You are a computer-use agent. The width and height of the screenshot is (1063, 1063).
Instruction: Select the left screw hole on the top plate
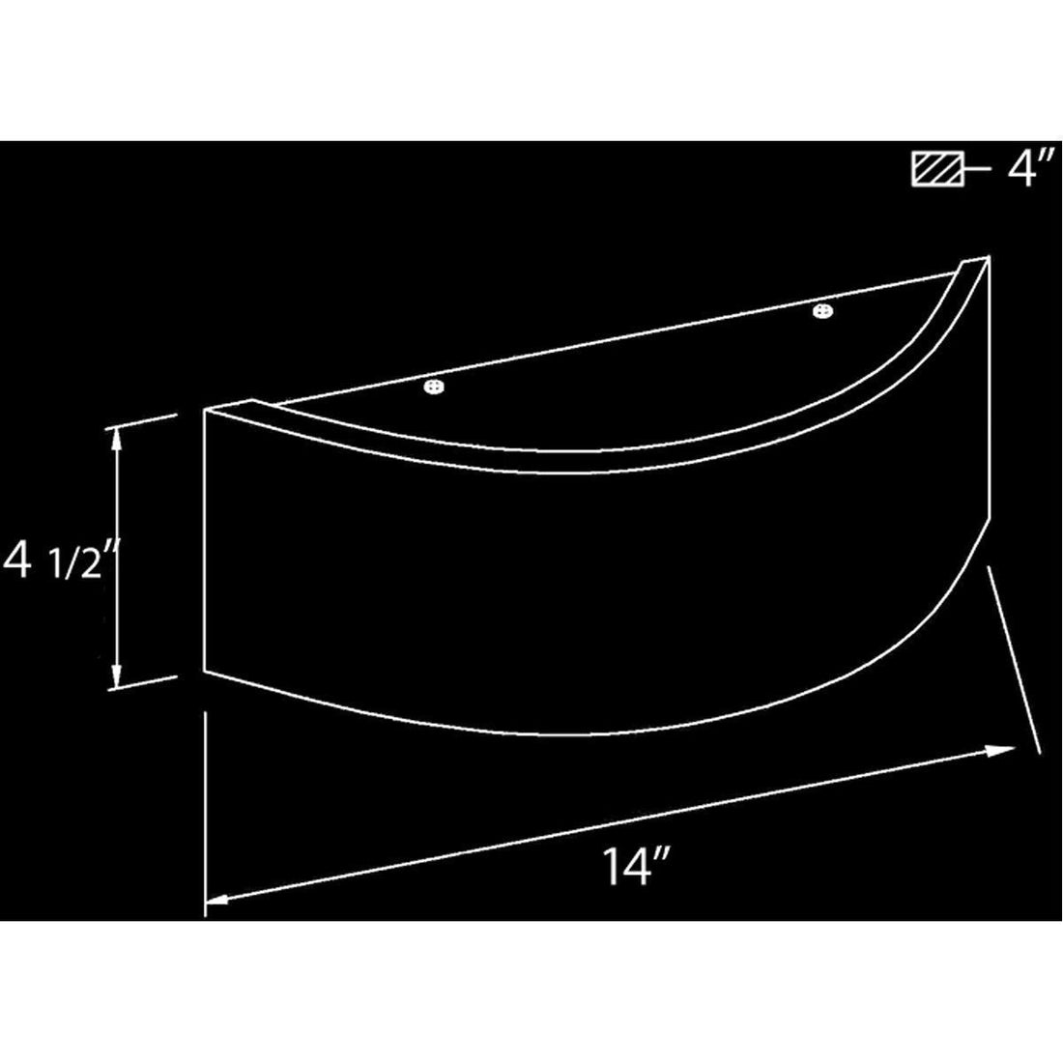click(434, 388)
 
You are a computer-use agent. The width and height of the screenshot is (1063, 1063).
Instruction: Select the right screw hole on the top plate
click(822, 311)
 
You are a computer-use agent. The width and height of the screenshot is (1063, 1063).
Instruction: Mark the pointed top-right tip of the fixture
click(988, 257)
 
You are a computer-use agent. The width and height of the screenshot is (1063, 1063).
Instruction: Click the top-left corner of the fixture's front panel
click(206, 411)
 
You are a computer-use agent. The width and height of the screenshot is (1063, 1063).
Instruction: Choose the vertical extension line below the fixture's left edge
click(206, 812)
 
